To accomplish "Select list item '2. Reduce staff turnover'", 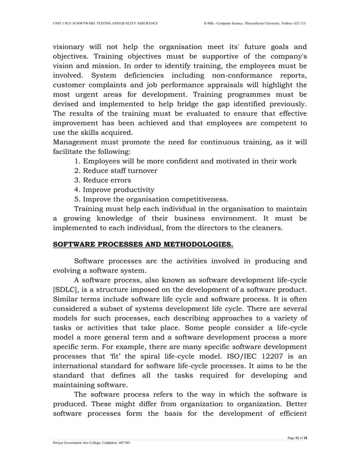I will point(116,170).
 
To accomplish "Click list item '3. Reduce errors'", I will point(103,180).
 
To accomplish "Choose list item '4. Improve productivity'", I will point(115,190).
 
